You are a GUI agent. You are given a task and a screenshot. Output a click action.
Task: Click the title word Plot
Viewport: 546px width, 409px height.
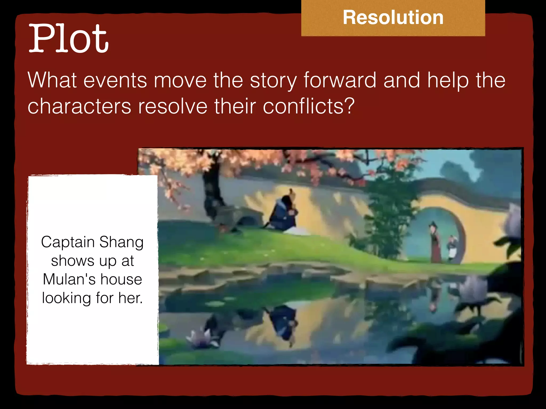point(69,39)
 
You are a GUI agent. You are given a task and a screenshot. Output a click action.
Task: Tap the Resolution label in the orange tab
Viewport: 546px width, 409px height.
point(393,18)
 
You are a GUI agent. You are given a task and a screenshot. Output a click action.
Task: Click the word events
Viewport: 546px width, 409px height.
point(115,80)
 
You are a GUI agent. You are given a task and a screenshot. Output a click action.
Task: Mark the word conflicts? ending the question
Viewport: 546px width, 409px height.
point(309,106)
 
